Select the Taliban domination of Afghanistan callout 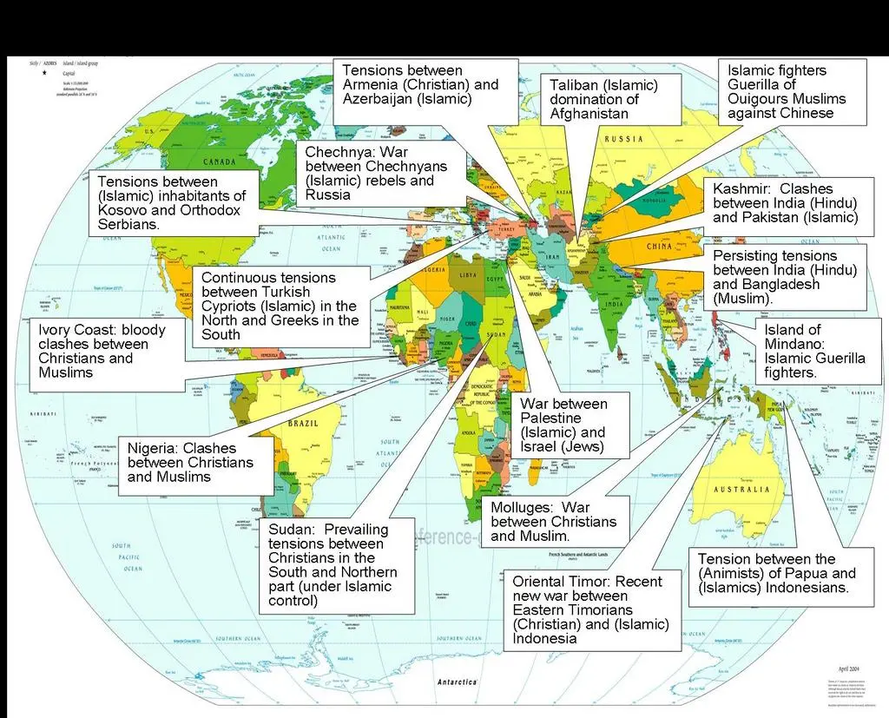click(x=603, y=99)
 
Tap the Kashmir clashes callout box click(x=785, y=203)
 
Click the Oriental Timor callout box click(x=590, y=609)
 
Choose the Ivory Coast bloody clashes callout click(x=101, y=351)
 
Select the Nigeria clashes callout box click(x=194, y=463)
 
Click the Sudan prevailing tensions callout click(x=334, y=564)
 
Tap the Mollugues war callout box click(x=554, y=521)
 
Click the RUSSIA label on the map click(x=623, y=139)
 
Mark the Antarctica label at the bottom click(x=458, y=682)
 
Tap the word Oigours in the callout click(x=760, y=99)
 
